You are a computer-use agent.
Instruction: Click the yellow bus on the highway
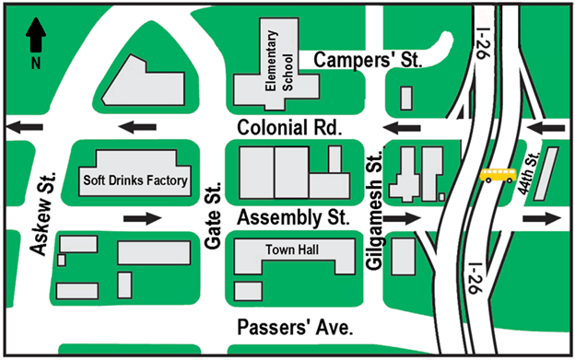pos(498,176)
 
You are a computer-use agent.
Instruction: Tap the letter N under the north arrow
pos(35,64)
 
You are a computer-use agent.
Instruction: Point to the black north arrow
pos(35,37)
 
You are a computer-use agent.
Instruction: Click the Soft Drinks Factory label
pos(135,180)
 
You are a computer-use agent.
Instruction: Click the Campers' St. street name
pos(367,61)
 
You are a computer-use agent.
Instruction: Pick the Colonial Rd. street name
pos(288,127)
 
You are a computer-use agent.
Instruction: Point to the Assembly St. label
pos(292,219)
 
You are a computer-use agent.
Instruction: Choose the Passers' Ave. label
pos(295,329)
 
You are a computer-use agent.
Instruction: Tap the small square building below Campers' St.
pos(405,98)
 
